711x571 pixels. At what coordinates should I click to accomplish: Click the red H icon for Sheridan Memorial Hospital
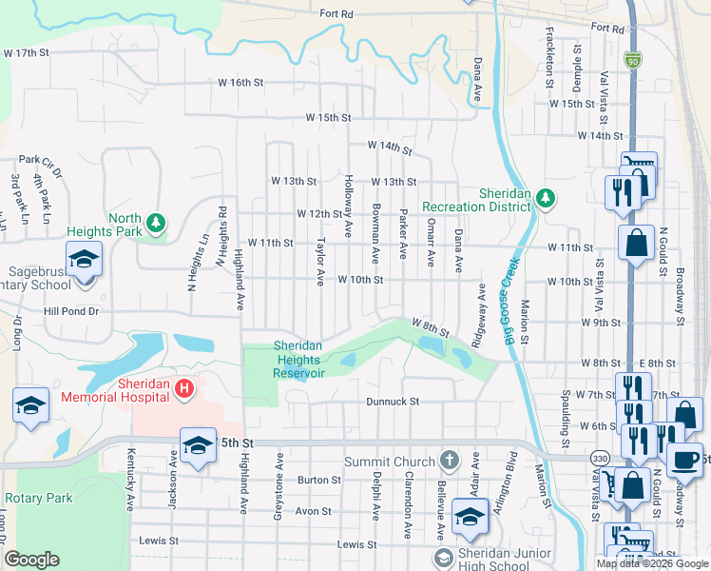pyautogui.click(x=185, y=388)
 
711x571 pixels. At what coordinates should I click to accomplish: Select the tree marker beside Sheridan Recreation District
pyautogui.click(x=546, y=198)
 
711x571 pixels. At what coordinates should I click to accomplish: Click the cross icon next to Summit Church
pyautogui.click(x=450, y=461)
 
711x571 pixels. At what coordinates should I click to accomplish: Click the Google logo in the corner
pyautogui.click(x=31, y=560)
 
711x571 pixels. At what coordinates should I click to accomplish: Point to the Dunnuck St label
pyautogui.click(x=393, y=402)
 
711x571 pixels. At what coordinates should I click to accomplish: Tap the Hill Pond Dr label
pyautogui.click(x=70, y=311)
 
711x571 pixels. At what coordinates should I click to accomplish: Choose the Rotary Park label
pyautogui.click(x=38, y=498)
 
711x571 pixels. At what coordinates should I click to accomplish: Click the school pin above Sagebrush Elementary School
pyautogui.click(x=83, y=258)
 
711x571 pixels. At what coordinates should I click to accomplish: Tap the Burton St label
pyautogui.click(x=319, y=481)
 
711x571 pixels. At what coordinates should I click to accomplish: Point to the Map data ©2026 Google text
pyautogui.click(x=651, y=563)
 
